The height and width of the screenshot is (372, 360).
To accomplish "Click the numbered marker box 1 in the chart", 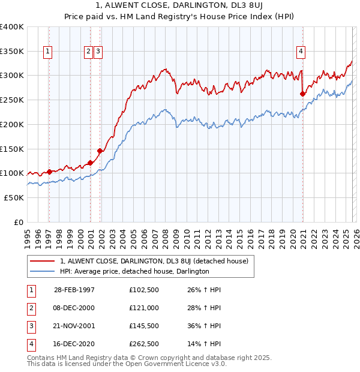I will coord(47,52).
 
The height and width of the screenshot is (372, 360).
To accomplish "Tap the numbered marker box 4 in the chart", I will coord(300,52).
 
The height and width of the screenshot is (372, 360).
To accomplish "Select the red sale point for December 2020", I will coord(303,94).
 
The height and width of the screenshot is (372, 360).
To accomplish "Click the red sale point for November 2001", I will coord(100,151).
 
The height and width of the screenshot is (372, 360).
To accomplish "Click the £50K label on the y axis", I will coord(14,197).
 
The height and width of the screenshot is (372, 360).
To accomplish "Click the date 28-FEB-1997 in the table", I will coord(74,290).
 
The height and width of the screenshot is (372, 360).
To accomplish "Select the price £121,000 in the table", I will coord(143,308).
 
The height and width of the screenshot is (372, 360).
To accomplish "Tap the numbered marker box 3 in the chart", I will coord(98,52).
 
